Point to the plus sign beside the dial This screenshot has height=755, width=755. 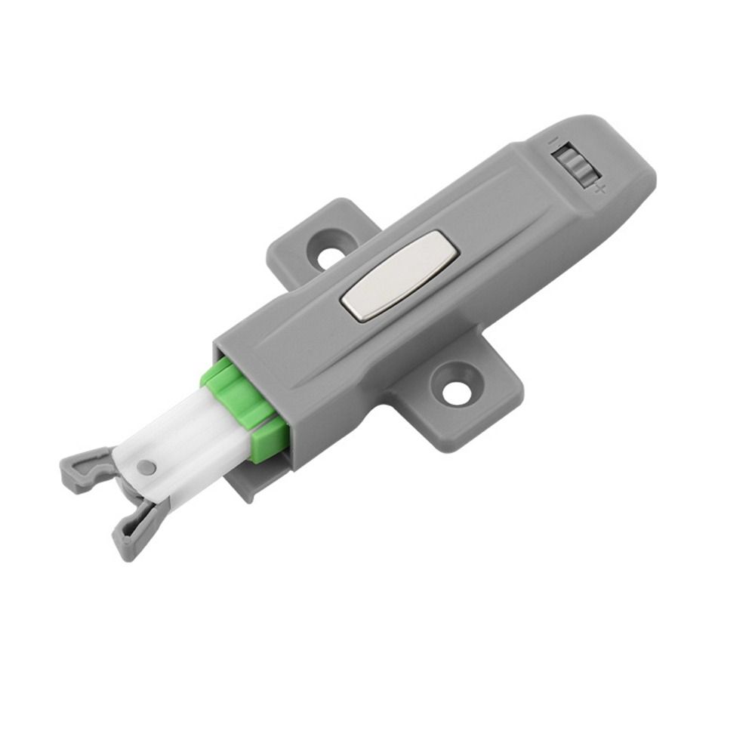(x=599, y=188)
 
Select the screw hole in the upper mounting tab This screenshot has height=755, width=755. (x=328, y=256)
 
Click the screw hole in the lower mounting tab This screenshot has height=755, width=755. (x=456, y=392)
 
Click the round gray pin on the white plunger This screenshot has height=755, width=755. (x=149, y=468)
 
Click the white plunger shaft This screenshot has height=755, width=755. (x=189, y=445)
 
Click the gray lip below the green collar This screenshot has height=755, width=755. (x=245, y=483)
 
